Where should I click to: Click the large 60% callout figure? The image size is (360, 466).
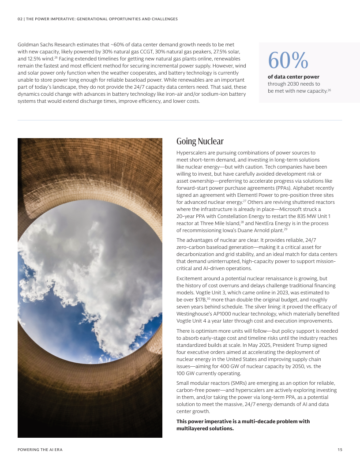point(288,60)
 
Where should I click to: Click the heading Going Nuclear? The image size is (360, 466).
point(200,141)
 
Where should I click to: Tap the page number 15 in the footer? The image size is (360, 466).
point(340,450)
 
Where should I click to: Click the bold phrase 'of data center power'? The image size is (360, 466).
point(293,77)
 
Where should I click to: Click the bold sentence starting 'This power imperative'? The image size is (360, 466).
point(243,425)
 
